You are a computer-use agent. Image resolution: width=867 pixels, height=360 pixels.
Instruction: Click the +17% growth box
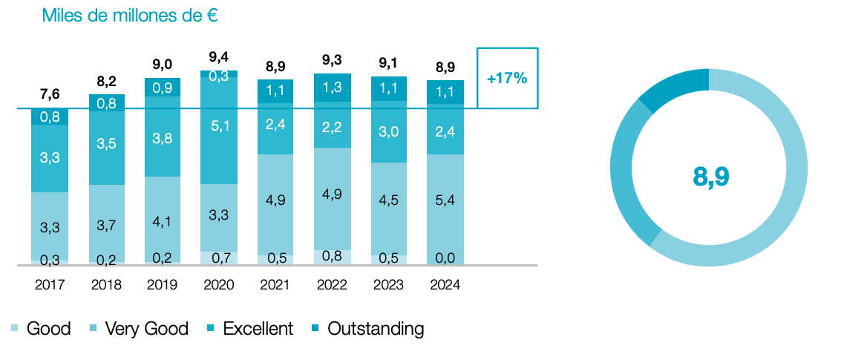pos(507,78)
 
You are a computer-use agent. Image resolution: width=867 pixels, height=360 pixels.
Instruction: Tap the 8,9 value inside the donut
pos(710,176)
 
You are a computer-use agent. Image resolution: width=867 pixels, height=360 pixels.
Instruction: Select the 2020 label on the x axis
pos(218,285)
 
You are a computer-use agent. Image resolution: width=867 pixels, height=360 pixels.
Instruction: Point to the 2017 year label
pos(49,285)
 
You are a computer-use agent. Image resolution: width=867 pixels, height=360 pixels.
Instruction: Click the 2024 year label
pos(445,285)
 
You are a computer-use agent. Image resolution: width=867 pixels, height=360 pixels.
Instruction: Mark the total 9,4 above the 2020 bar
pos(218,56)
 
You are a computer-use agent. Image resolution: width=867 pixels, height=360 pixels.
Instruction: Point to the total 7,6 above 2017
pos(49,94)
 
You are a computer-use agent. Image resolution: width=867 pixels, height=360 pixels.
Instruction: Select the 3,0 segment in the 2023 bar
pos(389,131)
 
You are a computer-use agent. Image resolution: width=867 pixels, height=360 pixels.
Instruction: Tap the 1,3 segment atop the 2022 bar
pos(332,87)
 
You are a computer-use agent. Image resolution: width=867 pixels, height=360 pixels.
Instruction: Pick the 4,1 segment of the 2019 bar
pos(162,220)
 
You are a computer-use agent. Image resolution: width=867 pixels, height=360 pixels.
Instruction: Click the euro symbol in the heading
pos(212,16)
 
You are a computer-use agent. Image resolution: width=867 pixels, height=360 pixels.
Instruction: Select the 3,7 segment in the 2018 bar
pos(105,224)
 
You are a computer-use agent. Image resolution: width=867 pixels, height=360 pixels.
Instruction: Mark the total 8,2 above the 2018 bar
pos(105,80)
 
